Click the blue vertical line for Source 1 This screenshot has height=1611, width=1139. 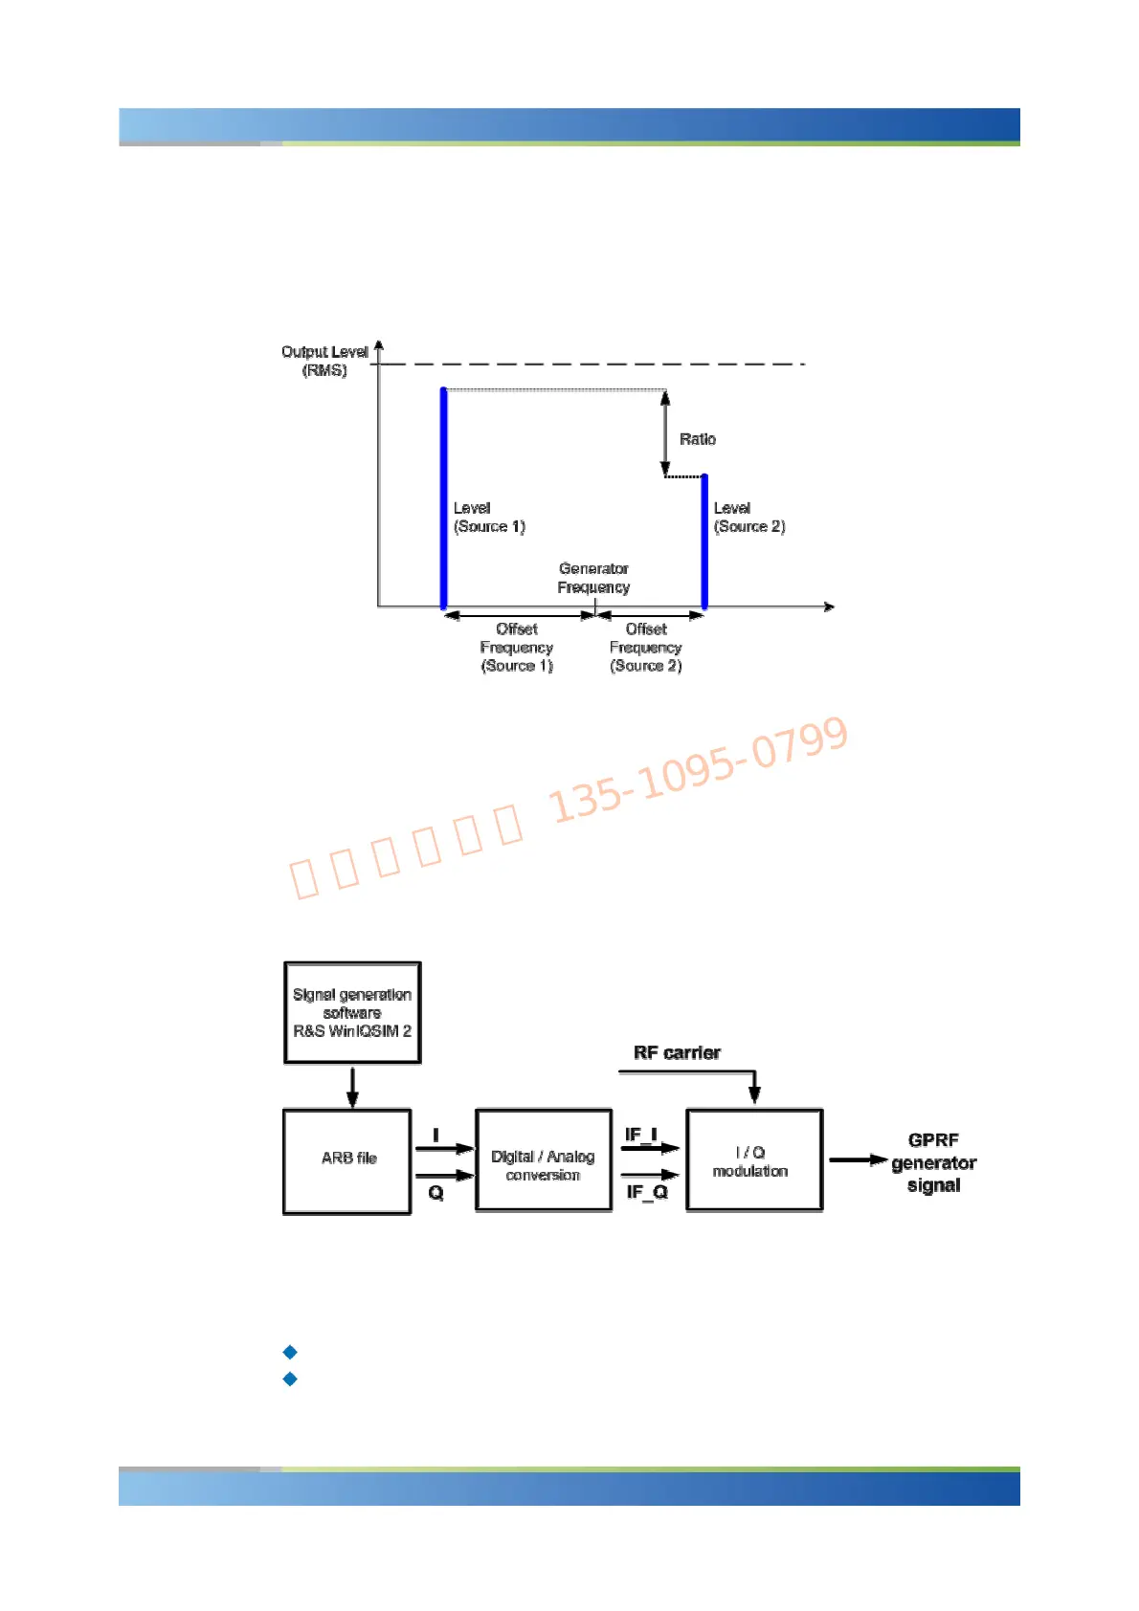[443, 497]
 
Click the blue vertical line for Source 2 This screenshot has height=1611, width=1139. [704, 541]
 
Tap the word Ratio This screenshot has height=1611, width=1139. [698, 439]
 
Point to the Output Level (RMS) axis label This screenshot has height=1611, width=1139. [325, 361]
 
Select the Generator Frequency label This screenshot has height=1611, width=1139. [593, 578]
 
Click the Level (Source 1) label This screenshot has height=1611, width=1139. [489, 518]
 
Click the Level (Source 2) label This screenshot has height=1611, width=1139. [749, 518]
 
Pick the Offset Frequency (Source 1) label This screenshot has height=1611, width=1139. [517, 648]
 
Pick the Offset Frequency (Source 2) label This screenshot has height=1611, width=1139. [646, 648]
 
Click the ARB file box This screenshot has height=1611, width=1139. [347, 1160]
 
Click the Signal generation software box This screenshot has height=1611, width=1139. [352, 1012]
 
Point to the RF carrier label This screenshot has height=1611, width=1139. [677, 1052]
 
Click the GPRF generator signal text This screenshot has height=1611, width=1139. [933, 1162]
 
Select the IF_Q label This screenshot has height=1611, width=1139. [647, 1192]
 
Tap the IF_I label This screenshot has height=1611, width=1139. [641, 1135]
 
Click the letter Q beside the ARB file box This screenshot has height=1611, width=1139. [436, 1193]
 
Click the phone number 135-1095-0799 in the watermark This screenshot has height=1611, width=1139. [699, 770]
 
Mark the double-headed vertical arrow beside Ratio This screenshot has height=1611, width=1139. [665, 433]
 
